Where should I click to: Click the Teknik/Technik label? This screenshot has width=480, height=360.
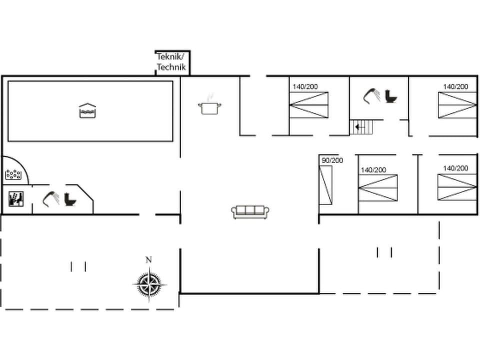coord(171,62)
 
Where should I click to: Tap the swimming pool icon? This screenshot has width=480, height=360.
coord(87,110)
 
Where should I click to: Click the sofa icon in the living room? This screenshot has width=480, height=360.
coord(250,211)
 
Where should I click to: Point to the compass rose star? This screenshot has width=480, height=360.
coord(148,284)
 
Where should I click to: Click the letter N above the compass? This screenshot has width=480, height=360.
coord(148,260)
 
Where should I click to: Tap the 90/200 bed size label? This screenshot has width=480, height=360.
coord(332,160)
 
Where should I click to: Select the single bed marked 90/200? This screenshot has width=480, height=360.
coord(326,184)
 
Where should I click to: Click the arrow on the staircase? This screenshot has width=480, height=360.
coord(358,127)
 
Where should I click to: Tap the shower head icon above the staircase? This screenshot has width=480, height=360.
coord(371,95)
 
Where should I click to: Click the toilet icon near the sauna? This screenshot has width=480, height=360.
coord(70,199)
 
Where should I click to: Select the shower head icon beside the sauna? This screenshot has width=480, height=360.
coord(50,199)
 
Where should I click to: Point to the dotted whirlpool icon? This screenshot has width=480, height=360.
coord(13,174)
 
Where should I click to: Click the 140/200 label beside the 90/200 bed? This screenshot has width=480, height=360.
coord(373,170)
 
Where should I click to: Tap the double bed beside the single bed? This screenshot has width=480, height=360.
coord(378,187)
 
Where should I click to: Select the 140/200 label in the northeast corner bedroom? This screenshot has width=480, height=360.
coord(455,86)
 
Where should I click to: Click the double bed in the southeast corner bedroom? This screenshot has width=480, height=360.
coord(457,186)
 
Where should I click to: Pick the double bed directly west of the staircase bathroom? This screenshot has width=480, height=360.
coord(309,105)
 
